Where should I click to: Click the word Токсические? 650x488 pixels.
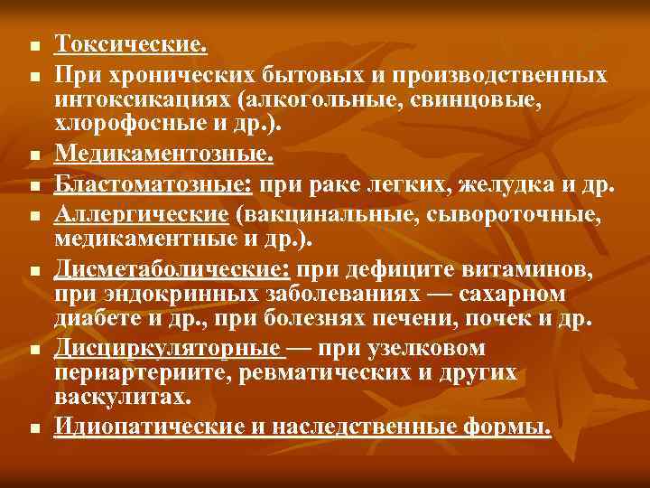132,43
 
